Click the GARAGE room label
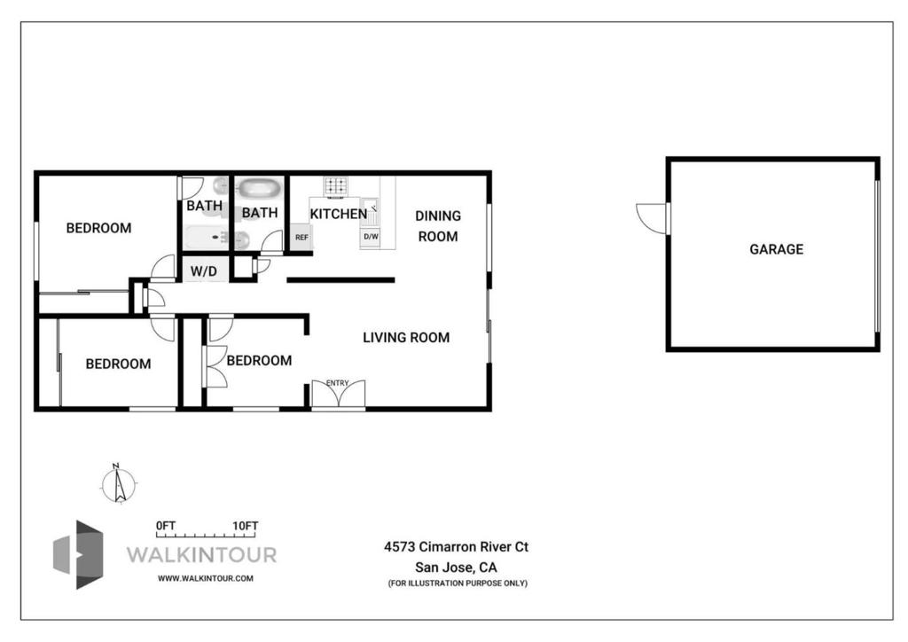click(x=776, y=249)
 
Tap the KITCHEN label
click(x=338, y=215)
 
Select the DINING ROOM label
click(x=438, y=226)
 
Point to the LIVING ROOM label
click(x=406, y=338)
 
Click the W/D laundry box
click(x=204, y=270)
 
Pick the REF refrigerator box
click(x=301, y=237)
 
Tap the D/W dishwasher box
click(x=371, y=237)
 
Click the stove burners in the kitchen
click(x=336, y=186)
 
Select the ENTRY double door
click(x=338, y=395)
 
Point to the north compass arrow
click(x=119, y=484)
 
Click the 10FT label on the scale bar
click(x=245, y=526)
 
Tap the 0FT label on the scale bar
click(x=165, y=526)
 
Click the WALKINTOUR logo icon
click(x=78, y=554)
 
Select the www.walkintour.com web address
click(x=205, y=578)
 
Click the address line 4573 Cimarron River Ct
click(x=456, y=546)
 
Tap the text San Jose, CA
click(x=456, y=568)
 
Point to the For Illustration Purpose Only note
click(x=458, y=583)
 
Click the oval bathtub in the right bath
click(x=260, y=188)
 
